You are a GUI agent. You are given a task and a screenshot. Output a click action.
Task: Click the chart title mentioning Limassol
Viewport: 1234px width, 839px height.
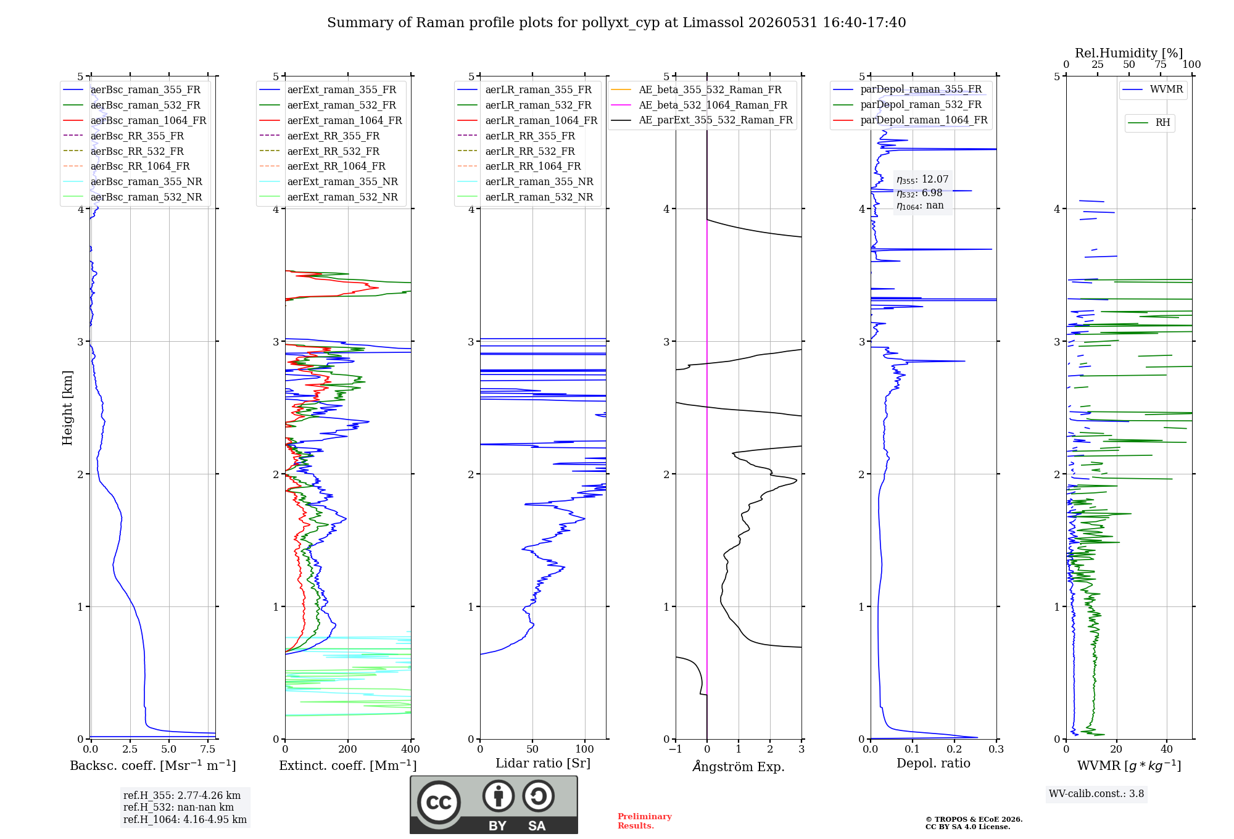[x=616, y=23]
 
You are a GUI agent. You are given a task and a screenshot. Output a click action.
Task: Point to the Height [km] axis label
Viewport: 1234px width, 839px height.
[x=67, y=408]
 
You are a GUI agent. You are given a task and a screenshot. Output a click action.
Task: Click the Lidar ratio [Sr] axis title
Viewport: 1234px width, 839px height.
[x=543, y=764]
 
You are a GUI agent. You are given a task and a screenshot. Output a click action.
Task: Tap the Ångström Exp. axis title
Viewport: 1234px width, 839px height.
[x=739, y=766]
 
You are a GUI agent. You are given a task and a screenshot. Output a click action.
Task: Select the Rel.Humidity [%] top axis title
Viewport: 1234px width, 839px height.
[x=1129, y=53]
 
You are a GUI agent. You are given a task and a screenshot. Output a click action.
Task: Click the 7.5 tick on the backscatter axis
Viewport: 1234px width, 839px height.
[x=208, y=750]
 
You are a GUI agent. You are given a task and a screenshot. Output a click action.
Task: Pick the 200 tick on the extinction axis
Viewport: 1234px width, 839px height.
[x=348, y=750]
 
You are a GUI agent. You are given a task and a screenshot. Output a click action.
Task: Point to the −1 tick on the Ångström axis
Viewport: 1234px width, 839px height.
[x=676, y=750]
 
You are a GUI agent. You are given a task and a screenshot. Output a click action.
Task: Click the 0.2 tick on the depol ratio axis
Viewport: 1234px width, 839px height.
[x=954, y=750]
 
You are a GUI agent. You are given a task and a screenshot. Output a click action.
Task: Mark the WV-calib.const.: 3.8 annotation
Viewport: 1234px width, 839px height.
[x=1096, y=794]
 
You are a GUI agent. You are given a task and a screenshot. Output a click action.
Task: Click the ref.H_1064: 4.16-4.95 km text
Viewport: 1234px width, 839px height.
[x=185, y=820]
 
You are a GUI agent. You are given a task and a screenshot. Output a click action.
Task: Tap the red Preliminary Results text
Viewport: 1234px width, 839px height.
[x=645, y=821]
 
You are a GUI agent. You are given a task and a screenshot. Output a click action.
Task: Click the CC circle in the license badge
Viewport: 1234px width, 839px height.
[x=439, y=803]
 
